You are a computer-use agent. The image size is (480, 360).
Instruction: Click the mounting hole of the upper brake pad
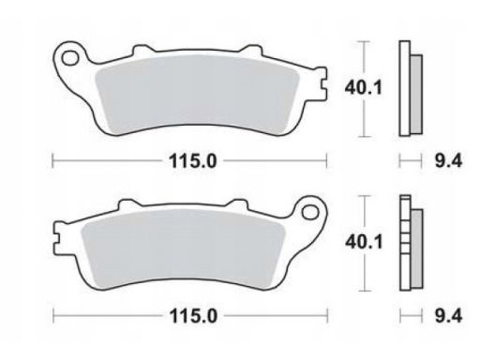[x=70, y=58]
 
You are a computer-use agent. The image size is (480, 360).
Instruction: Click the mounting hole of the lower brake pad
[x=310, y=212]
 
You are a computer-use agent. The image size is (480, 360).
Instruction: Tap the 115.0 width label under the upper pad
[x=192, y=161]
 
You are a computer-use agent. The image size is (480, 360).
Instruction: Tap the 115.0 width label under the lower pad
[x=193, y=316]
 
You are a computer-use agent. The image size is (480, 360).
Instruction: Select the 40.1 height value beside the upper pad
[x=363, y=87]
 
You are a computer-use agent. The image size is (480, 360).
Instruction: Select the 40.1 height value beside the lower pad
[x=364, y=242]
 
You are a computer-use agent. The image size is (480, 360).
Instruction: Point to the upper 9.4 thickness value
[x=448, y=161]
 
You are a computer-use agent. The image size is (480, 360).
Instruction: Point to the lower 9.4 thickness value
[x=448, y=316]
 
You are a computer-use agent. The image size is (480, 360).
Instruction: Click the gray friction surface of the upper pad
[x=196, y=94]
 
